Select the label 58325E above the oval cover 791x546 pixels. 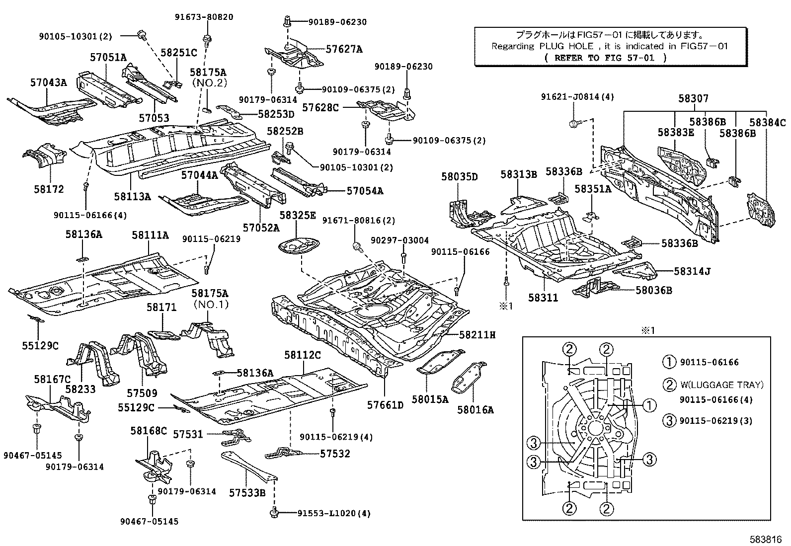[x=297, y=215]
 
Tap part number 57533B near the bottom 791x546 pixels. [x=247, y=493]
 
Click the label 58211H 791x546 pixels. [x=477, y=335]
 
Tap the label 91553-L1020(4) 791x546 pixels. [x=327, y=513]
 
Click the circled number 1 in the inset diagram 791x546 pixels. [x=649, y=406]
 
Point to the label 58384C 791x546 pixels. [x=768, y=123]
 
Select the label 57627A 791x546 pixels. [x=344, y=49]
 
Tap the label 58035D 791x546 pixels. [x=459, y=177]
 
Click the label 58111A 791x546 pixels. [x=150, y=235]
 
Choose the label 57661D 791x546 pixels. [x=385, y=405]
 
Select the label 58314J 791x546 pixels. [x=692, y=271]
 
